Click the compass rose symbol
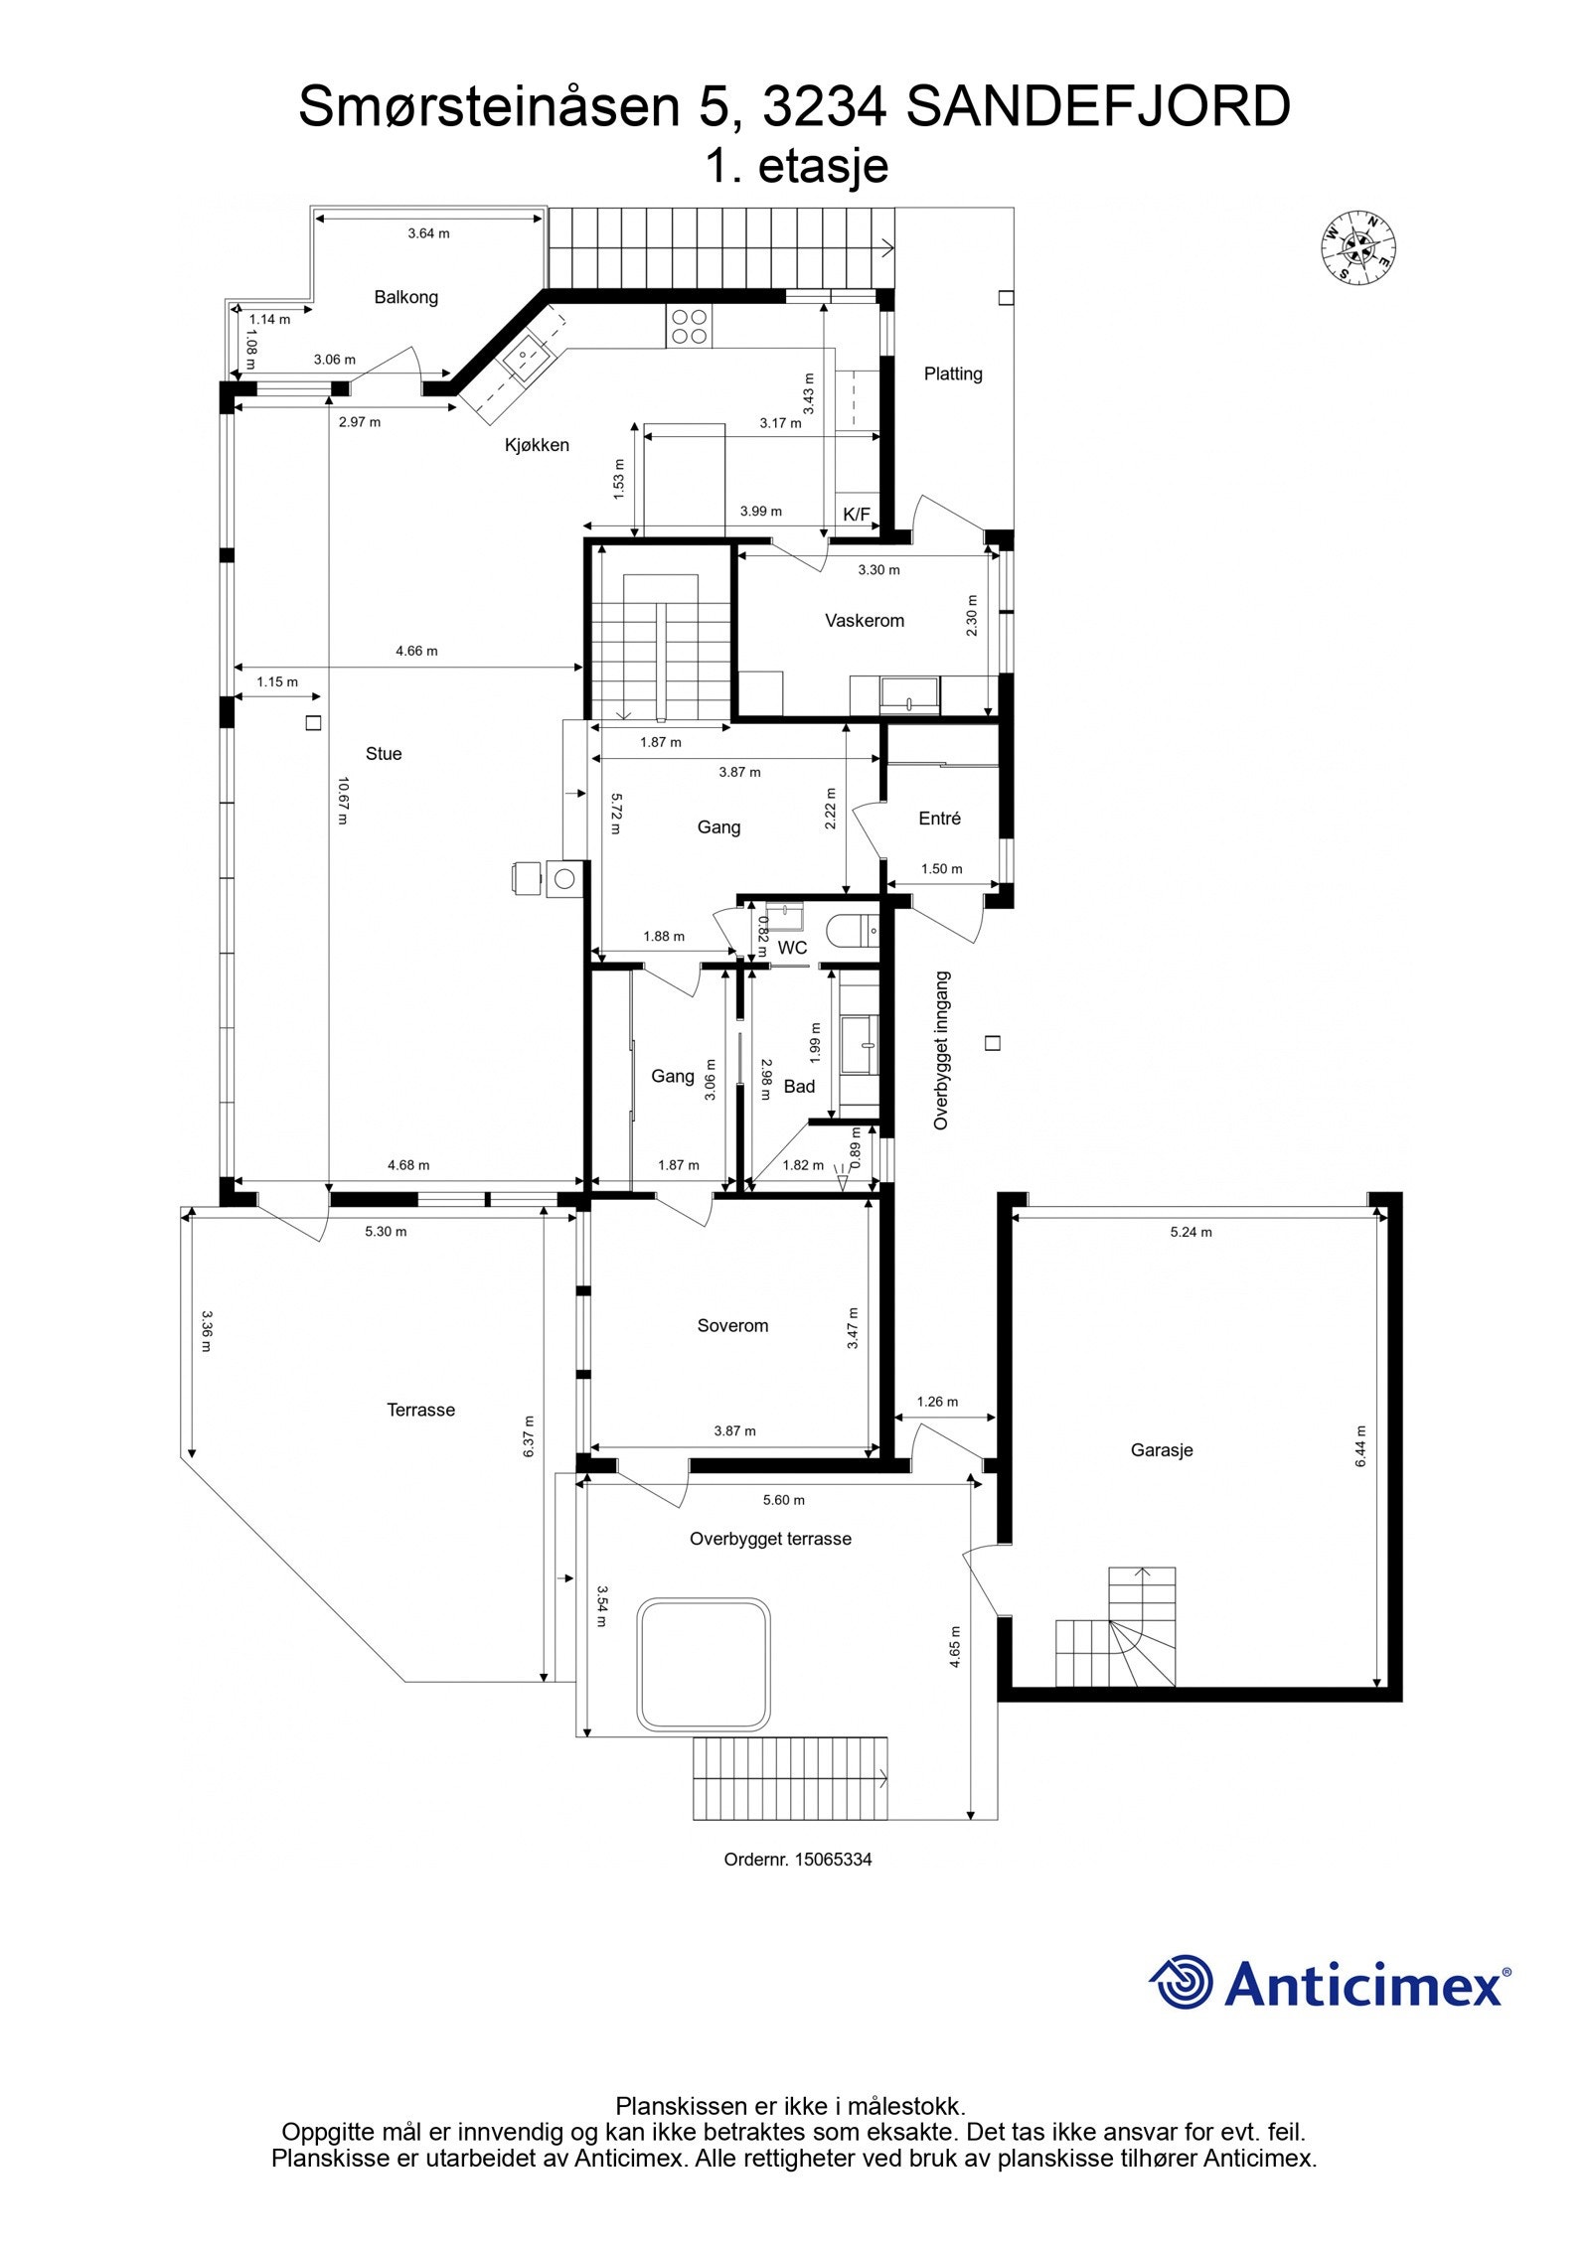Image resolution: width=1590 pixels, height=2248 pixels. tap(1357, 246)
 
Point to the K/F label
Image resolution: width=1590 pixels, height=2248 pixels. tap(856, 514)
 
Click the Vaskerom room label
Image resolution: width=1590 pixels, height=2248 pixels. tap(864, 621)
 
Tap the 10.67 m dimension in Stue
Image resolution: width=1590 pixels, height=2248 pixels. tap(342, 801)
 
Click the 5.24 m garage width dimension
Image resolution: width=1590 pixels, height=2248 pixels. tap(1191, 1232)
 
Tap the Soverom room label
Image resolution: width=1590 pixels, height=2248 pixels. tap(732, 1326)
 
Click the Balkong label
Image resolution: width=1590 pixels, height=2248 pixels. tap(405, 297)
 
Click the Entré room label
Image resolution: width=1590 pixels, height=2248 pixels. tap(939, 819)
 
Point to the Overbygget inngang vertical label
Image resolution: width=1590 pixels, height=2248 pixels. tap(941, 1050)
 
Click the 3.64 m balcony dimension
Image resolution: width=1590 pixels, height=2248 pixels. tap(428, 233)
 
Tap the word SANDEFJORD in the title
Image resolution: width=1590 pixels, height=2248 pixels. tap(1097, 107)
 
